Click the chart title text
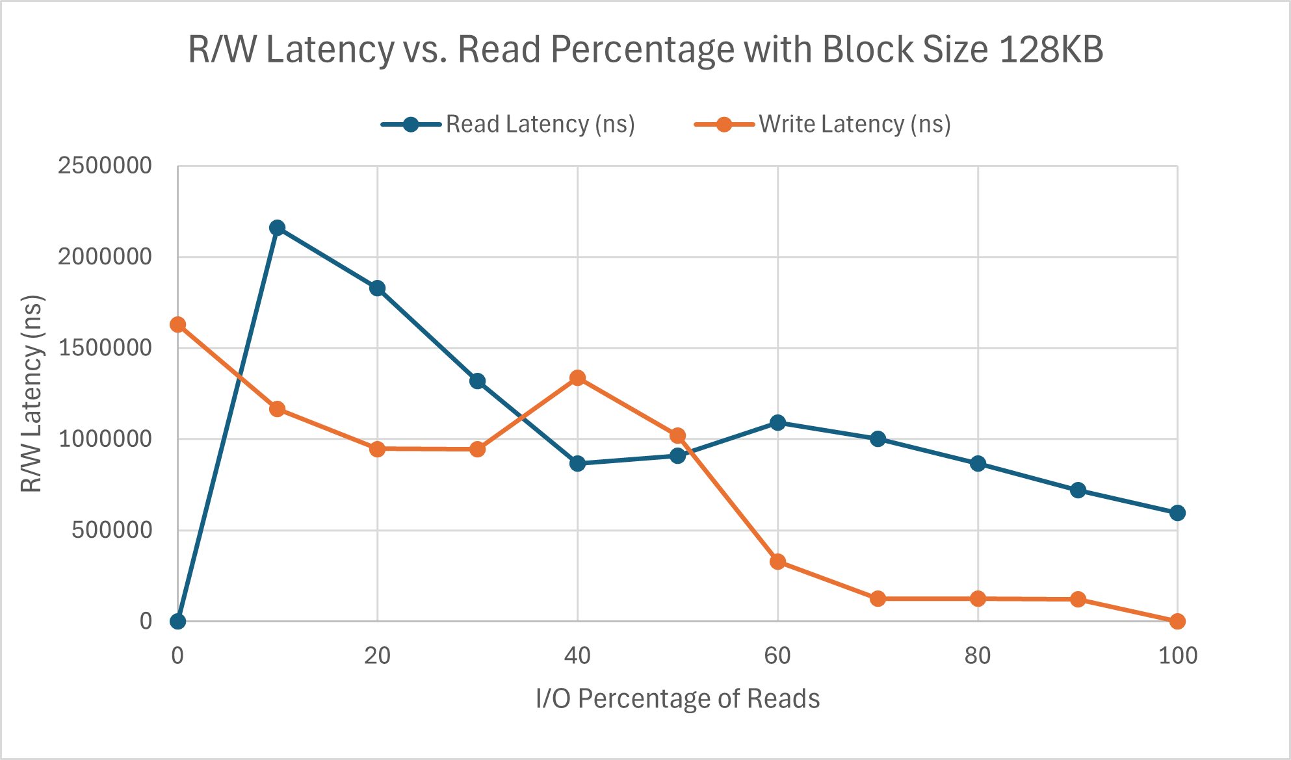pos(645,49)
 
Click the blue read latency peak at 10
pos(278,228)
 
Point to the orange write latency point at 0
pos(177,325)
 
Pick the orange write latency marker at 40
pos(577,378)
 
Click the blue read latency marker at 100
pos(1177,513)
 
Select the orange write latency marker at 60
pos(777,562)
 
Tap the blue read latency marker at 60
pos(777,423)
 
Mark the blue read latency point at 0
pos(177,622)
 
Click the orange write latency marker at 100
pos(1177,622)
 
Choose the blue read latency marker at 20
pos(378,288)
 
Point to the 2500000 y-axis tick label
pos(105,166)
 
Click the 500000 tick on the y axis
pos(111,531)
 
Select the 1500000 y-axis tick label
pos(105,348)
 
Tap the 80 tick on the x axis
pos(977,656)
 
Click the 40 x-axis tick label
pos(577,656)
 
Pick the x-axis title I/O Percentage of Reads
pos(677,699)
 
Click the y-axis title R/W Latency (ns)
pos(31,394)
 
